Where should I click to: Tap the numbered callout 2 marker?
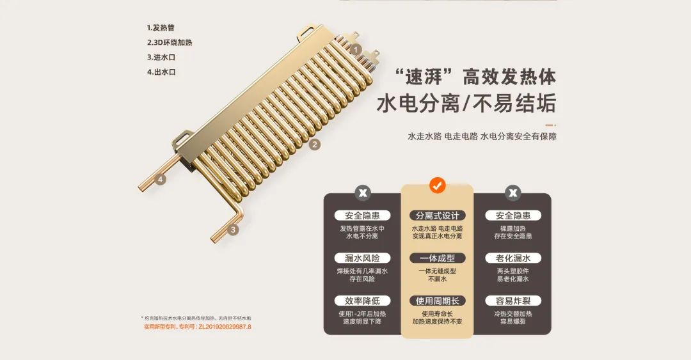pyautogui.click(x=314, y=145)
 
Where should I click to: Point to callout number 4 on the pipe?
pyautogui.click(x=161, y=180)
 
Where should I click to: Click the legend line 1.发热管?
pyautogui.click(x=161, y=28)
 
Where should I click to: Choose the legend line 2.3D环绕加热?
pyautogui.click(x=170, y=43)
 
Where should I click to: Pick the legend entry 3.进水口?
pyautogui.click(x=161, y=58)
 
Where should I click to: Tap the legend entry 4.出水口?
pyautogui.click(x=161, y=72)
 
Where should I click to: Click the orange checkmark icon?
pyautogui.click(x=437, y=185)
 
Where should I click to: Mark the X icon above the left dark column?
pyautogui.click(x=363, y=192)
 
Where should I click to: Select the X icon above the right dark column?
pyautogui.click(x=512, y=192)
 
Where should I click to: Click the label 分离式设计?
pyautogui.click(x=437, y=215)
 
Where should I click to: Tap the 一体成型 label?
pyautogui.click(x=437, y=258)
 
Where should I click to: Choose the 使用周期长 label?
pyautogui.click(x=437, y=301)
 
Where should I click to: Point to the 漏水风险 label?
pyautogui.click(x=362, y=258)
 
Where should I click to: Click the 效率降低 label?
pyautogui.click(x=362, y=301)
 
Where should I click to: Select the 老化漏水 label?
pyautogui.click(x=512, y=258)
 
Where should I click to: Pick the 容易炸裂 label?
pyautogui.click(x=512, y=301)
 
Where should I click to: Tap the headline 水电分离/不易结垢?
pyautogui.click(x=466, y=104)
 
